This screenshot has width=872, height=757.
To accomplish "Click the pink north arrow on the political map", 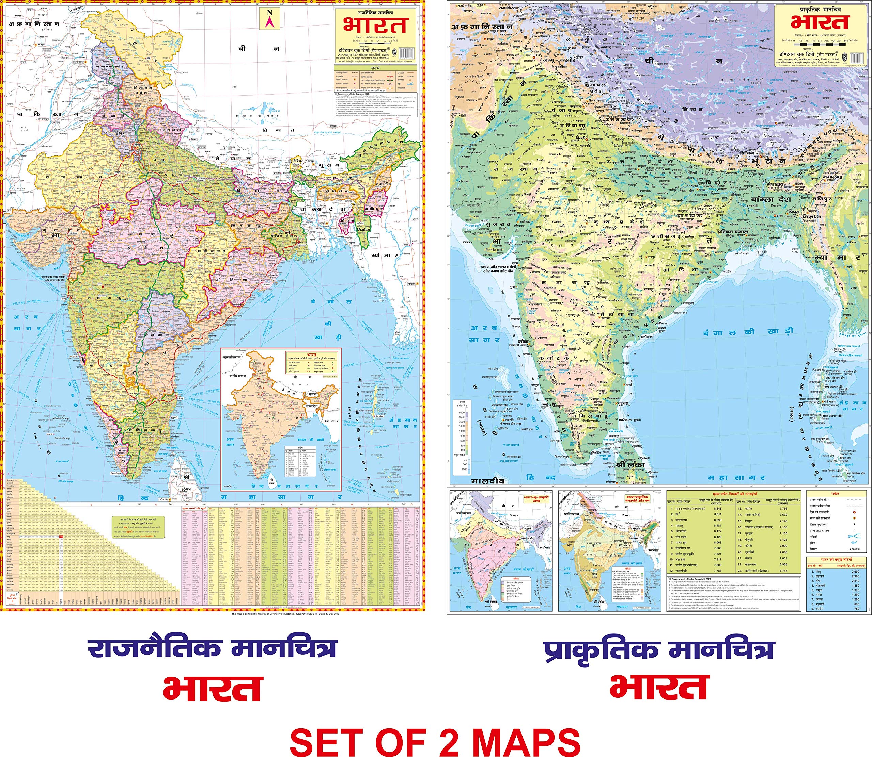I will [270, 19].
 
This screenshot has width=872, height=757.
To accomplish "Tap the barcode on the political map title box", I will [406, 53].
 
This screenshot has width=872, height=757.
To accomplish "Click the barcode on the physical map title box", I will [857, 58].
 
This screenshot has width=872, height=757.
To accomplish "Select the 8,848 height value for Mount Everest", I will [717, 509].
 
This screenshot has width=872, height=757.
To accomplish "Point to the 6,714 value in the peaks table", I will [783, 570].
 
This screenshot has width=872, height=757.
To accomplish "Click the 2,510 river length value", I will [855, 581].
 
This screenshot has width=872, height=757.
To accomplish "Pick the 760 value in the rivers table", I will [856, 608].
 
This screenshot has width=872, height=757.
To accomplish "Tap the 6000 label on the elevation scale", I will [461, 412].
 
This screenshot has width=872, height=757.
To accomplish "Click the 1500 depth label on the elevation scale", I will [464, 469].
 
